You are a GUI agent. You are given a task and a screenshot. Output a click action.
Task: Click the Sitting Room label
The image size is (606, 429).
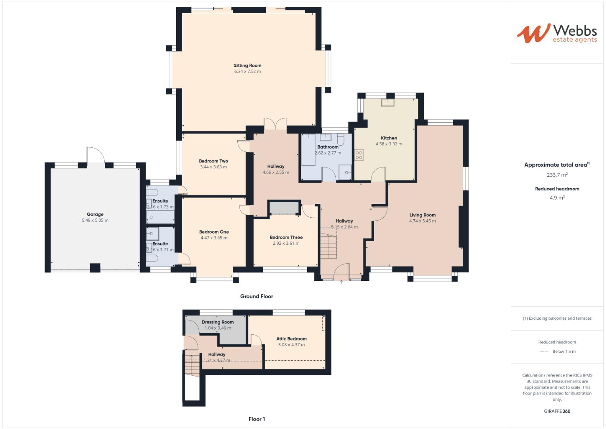point(247,66)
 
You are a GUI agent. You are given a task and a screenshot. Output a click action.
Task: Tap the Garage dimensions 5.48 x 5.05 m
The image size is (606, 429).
point(95,220)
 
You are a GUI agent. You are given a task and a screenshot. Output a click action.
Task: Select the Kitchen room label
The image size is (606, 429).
point(389,138)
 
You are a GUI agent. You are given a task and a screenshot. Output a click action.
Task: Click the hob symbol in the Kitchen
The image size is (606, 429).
point(359,155)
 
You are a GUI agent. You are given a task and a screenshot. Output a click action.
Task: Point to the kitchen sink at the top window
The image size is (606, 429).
point(387,102)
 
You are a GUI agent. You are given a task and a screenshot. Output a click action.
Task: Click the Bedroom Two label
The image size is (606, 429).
point(214,161)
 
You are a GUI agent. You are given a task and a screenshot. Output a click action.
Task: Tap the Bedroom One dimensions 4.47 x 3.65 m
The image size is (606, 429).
point(214,238)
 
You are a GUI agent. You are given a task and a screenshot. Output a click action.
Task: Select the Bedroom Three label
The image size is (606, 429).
point(286,237)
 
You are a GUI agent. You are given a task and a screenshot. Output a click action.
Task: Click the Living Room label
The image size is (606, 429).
point(422,215)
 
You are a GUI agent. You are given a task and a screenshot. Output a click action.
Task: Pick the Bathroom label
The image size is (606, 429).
point(328,147)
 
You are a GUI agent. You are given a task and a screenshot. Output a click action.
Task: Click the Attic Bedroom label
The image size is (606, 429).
point(291,339)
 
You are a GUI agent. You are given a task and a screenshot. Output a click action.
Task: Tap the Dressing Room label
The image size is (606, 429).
point(217,322)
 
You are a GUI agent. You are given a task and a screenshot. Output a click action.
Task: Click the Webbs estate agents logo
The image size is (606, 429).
point(557,33)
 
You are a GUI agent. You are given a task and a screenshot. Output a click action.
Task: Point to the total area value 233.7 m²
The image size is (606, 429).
point(557,175)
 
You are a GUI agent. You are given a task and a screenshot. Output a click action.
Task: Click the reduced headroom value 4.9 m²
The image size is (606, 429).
point(557,197)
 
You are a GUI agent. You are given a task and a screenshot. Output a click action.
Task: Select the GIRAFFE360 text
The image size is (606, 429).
point(557,411)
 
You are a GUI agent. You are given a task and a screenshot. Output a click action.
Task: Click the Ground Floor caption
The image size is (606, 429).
point(256,296)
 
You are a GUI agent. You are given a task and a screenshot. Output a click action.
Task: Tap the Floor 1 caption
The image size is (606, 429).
point(256,419)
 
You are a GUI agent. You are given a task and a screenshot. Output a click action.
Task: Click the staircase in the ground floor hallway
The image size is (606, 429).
point(328,246)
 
